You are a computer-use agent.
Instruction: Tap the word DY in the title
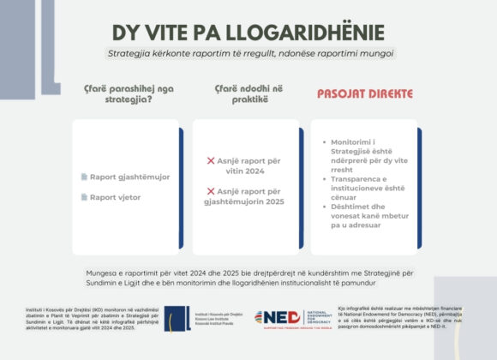[x=128, y=32]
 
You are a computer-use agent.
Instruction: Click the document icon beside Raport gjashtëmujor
[x=84, y=177]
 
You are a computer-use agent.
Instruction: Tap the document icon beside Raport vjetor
[x=84, y=197]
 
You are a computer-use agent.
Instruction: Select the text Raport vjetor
[x=117, y=197]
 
